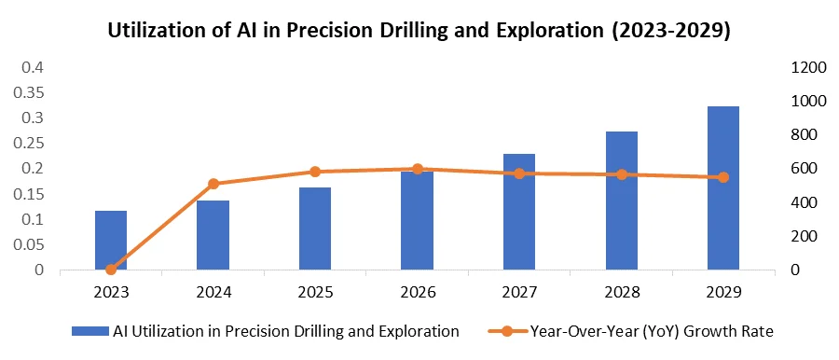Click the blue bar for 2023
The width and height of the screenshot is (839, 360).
(x=111, y=240)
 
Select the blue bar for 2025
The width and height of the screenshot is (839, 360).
(x=315, y=228)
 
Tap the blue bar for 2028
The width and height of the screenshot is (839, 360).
(x=622, y=201)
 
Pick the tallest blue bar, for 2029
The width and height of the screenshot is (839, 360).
(x=723, y=188)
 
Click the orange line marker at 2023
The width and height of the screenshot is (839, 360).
(x=111, y=270)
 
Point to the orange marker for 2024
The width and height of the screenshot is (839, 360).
(x=213, y=184)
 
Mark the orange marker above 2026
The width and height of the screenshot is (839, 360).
(x=418, y=170)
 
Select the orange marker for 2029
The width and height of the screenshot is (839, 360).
(x=723, y=177)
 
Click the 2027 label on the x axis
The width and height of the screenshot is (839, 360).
(x=519, y=293)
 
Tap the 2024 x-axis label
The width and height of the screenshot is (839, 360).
(x=213, y=293)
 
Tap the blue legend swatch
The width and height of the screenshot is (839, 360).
(x=90, y=332)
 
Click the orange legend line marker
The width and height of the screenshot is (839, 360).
(x=507, y=332)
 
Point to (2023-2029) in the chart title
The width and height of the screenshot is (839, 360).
(x=671, y=32)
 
